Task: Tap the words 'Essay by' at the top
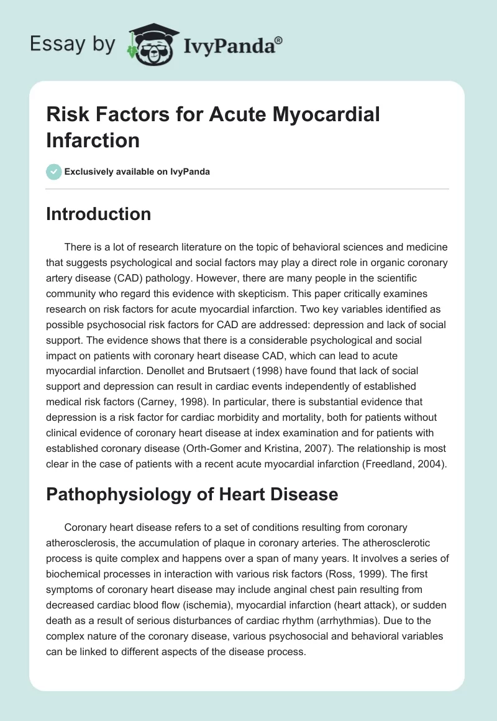[73, 45]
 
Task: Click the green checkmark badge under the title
[54, 172]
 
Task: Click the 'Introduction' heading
[99, 214]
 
